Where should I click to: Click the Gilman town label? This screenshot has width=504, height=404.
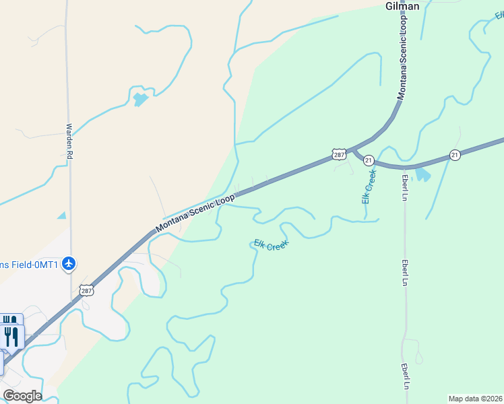pos(402,6)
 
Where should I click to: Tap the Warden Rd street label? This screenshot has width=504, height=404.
pos(69,141)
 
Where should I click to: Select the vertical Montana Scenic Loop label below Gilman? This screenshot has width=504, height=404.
pos(403,59)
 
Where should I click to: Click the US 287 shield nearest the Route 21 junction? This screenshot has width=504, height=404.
pos(339,154)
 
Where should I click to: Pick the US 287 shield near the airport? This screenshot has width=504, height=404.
pos(86,291)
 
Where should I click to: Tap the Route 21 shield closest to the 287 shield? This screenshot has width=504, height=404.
pos(369,160)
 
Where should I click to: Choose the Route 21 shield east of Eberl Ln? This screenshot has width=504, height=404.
pos(455,154)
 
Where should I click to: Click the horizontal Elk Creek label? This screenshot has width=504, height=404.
pos(271,245)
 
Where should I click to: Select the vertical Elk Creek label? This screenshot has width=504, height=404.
pos(369,187)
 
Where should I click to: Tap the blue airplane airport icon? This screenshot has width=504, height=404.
pos(68,263)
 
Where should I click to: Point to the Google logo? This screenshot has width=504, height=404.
pos(22,396)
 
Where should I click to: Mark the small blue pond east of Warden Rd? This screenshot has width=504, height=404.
pos(141,100)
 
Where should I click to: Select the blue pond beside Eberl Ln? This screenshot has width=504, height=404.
pos(422,175)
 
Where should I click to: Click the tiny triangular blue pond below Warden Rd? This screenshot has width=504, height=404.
pos(62,215)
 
